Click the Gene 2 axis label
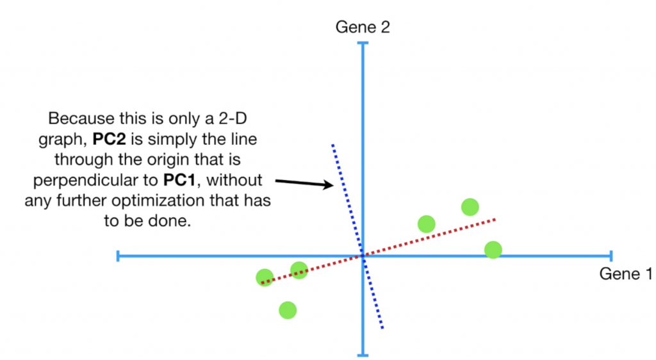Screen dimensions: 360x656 click(363, 27)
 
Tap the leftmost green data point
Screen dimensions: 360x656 click(265, 277)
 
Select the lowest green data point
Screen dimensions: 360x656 click(288, 310)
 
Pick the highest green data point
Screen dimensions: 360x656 click(470, 207)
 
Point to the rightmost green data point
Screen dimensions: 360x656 click(493, 249)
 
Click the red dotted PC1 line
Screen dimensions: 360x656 click(436, 236)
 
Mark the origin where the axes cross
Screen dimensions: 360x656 click(363, 256)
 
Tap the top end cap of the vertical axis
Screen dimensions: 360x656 click(363, 44)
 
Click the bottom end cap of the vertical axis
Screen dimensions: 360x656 click(363, 355)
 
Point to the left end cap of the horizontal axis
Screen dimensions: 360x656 click(119, 256)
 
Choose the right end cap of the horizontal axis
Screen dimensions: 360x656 click(611, 256)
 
